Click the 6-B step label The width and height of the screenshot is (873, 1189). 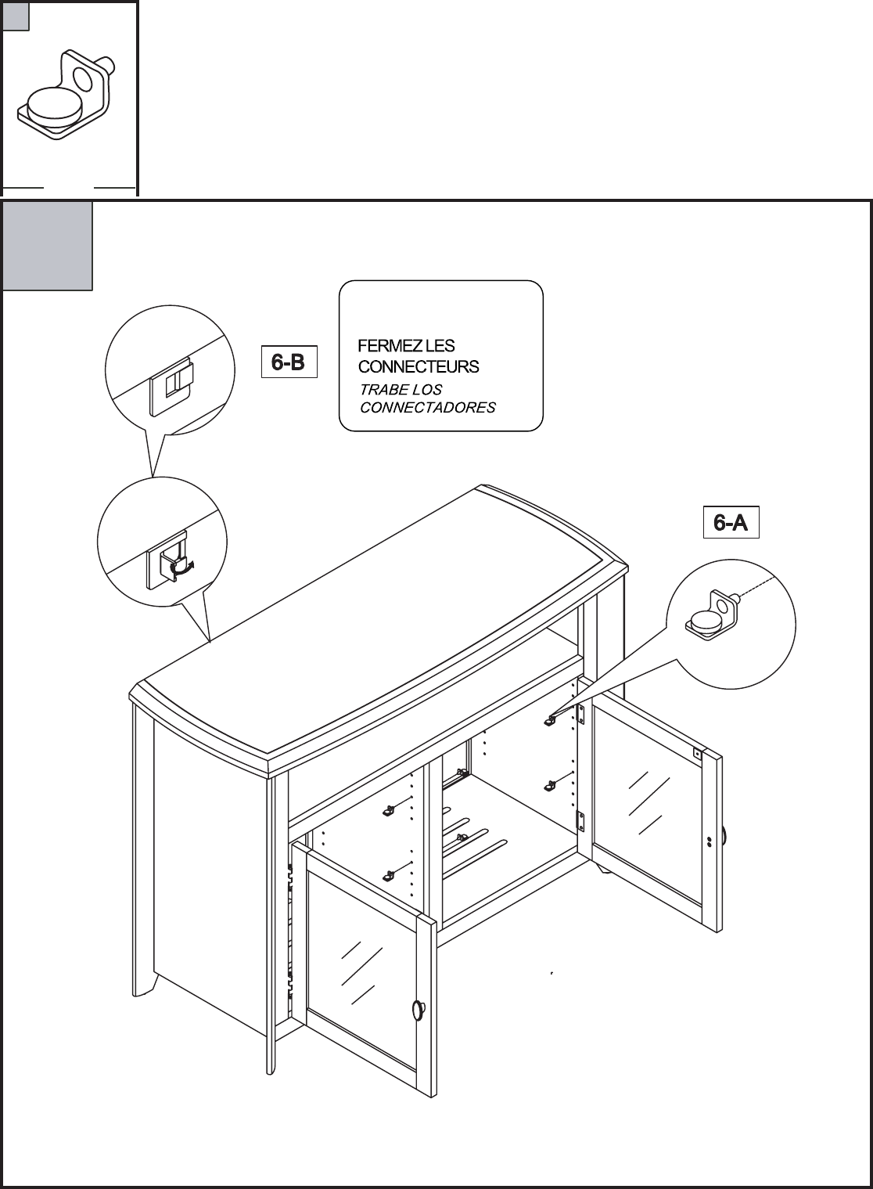click(288, 362)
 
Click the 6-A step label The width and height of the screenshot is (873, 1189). click(731, 523)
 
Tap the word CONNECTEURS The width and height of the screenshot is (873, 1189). click(419, 366)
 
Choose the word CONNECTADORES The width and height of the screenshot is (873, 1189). click(427, 408)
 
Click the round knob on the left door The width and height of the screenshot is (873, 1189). click(418, 1010)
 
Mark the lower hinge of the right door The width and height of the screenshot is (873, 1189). click(580, 820)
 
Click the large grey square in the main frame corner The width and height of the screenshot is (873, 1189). click(47, 246)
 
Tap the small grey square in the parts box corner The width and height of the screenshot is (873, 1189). click(16, 16)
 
